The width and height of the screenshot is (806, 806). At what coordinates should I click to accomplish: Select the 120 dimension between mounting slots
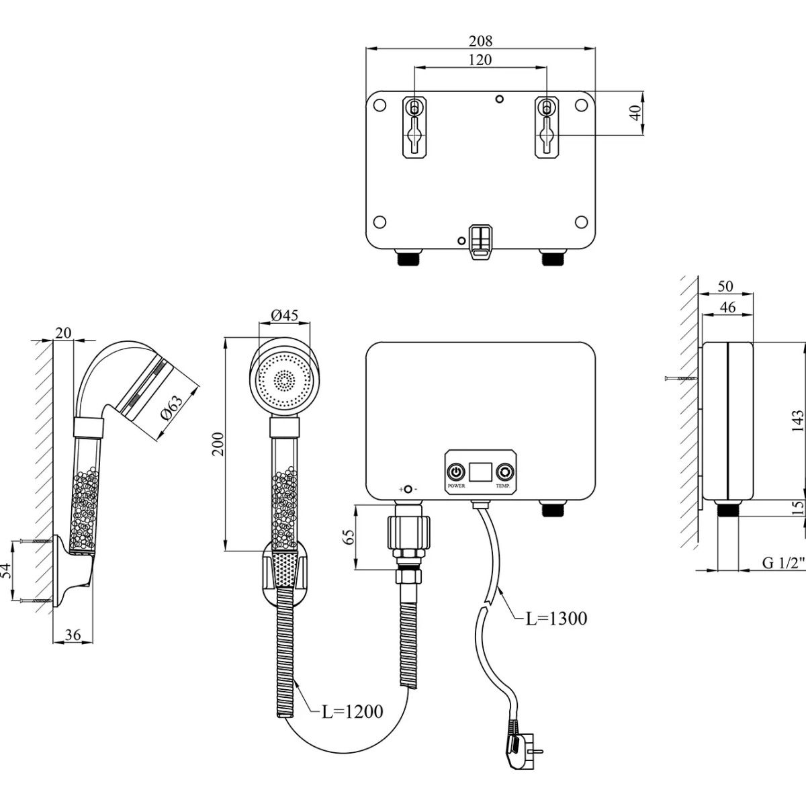point(480,60)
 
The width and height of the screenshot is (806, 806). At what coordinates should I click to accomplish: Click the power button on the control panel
point(457,471)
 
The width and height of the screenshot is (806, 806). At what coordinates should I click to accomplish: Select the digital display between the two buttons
point(480,472)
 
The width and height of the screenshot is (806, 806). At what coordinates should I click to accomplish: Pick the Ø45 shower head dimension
point(285,315)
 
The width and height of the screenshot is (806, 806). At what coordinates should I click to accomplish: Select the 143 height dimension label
point(797,420)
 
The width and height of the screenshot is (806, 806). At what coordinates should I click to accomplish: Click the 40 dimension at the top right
point(633,114)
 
